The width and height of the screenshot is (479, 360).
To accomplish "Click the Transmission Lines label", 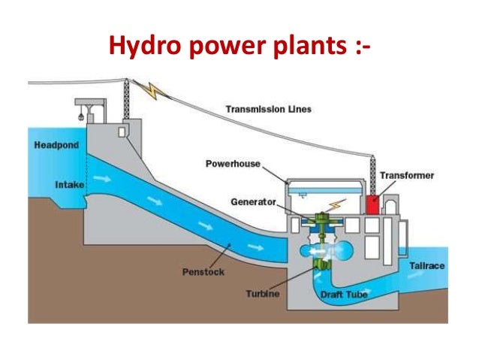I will coord(268,110).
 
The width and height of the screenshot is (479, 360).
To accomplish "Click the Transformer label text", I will coord(406,175).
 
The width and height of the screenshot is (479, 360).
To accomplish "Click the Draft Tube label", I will coord(344,295).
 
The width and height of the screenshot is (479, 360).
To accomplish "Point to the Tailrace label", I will coord(427,265).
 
